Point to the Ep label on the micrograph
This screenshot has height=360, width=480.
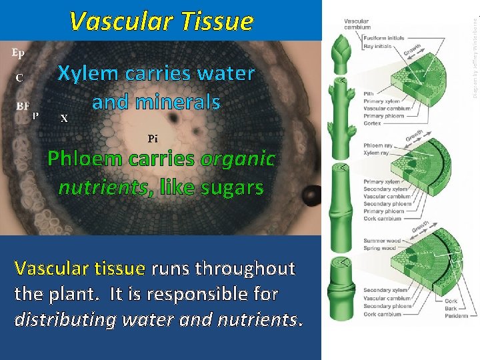(19, 52)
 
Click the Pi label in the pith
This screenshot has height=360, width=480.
(153, 139)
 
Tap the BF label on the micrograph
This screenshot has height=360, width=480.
(23, 105)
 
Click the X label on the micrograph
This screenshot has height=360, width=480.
(63, 119)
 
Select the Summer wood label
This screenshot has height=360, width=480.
(381, 241)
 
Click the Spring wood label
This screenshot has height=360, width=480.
(379, 248)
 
